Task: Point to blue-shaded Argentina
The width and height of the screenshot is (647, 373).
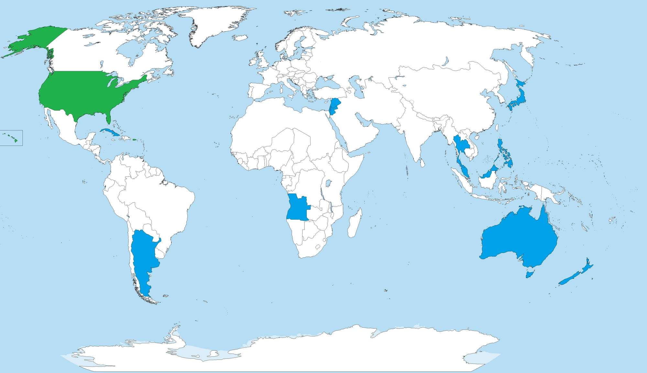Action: tap(142, 253)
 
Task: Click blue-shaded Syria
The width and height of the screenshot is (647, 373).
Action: tap(335, 104)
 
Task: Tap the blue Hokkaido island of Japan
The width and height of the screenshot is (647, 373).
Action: tap(521, 83)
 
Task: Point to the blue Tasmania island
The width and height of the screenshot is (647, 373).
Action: tap(530, 275)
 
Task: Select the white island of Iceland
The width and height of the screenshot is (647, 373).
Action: tap(240, 38)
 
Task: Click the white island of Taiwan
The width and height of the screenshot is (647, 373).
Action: tap(496, 127)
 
